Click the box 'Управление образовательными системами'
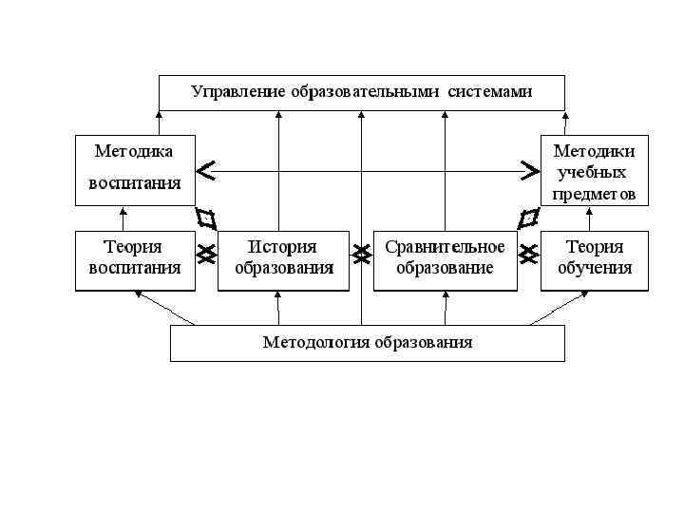point(361,92)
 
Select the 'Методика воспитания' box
point(135,170)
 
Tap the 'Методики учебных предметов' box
point(595,170)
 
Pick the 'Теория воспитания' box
point(135,259)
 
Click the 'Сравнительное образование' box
point(445,259)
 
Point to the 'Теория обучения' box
point(595,259)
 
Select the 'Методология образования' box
point(367,343)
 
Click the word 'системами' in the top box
point(493,92)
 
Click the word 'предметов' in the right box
point(595,195)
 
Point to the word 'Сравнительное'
point(445,247)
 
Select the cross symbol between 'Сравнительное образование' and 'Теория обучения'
point(529,254)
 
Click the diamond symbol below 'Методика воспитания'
point(206,218)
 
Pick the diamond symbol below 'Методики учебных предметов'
point(528,218)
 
